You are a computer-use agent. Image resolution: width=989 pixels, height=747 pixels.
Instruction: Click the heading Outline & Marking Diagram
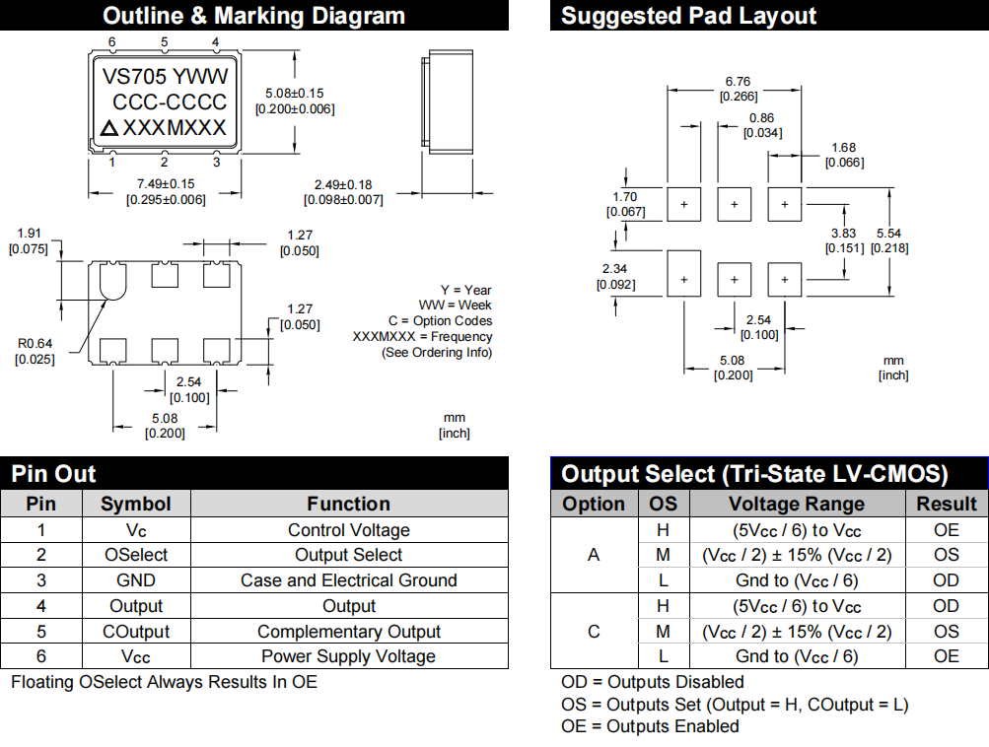[x=253, y=16]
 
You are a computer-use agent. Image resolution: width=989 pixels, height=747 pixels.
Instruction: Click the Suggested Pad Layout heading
[x=688, y=16]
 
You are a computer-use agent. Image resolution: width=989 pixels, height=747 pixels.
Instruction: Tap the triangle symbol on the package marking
[x=109, y=128]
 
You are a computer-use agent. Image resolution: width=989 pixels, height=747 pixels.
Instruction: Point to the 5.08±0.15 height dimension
[x=295, y=93]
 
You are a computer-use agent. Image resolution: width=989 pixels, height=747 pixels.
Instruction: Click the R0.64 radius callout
[x=35, y=344]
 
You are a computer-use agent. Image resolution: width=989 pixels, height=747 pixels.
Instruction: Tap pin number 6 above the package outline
[x=112, y=42]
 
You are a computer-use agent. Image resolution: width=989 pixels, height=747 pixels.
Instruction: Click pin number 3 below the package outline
[x=216, y=163]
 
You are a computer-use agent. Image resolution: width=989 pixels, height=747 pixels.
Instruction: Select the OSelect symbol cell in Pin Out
[x=136, y=555]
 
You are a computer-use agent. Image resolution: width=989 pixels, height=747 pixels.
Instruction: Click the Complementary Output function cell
[x=349, y=632]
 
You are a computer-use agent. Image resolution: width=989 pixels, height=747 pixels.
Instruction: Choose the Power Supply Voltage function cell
[x=349, y=656]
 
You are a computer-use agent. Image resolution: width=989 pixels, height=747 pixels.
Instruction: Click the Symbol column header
[x=136, y=504]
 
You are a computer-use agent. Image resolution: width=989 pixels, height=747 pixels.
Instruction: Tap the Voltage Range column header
[x=797, y=504]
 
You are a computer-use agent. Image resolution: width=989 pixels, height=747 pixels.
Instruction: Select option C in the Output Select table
[x=594, y=631]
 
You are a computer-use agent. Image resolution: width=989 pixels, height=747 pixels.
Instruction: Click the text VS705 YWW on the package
[x=166, y=77]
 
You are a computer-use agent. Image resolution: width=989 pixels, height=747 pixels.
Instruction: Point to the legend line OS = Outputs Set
[x=735, y=704]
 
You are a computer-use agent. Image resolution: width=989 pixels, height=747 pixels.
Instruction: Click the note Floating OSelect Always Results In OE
[x=164, y=681]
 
